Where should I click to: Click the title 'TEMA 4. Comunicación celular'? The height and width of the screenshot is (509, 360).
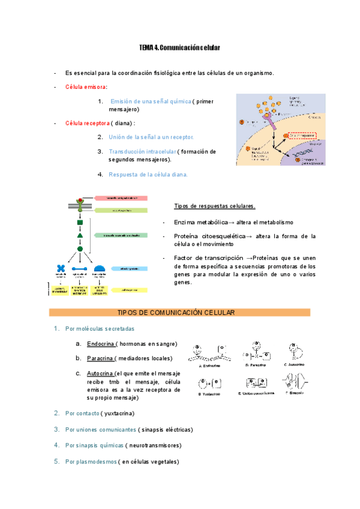(x=180, y=47)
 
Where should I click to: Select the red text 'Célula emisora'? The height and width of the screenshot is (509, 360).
(x=86, y=87)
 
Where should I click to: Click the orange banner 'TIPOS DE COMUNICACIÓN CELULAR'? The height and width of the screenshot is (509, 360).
(x=179, y=313)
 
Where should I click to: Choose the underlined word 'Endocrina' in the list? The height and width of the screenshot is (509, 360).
(x=100, y=344)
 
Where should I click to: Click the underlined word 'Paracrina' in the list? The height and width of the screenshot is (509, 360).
(x=100, y=358)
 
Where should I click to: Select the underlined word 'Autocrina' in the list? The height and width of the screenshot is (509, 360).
(x=100, y=373)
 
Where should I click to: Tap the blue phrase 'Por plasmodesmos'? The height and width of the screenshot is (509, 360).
(x=91, y=462)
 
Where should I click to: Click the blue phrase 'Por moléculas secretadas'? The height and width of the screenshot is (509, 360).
(x=100, y=329)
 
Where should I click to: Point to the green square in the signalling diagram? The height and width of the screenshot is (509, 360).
(x=80, y=223)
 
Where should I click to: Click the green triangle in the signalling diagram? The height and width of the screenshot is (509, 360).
(x=80, y=235)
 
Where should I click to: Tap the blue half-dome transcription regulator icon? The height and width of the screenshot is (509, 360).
(x=100, y=268)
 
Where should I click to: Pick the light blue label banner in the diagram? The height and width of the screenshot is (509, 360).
(x=129, y=268)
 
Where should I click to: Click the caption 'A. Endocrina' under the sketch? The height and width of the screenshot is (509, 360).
(x=210, y=366)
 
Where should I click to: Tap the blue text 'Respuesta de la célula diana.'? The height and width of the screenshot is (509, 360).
(x=148, y=175)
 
